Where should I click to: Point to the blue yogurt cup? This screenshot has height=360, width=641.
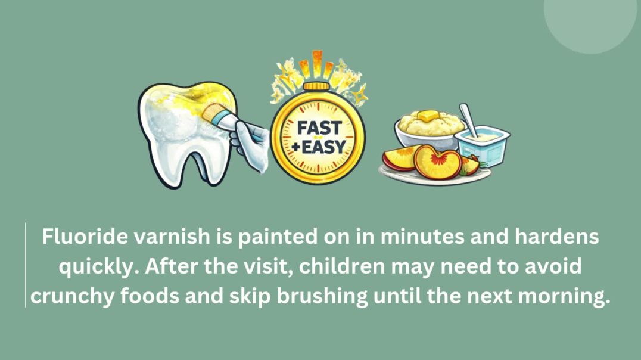click(482, 143)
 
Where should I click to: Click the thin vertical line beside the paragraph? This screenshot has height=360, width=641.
click(25, 265)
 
